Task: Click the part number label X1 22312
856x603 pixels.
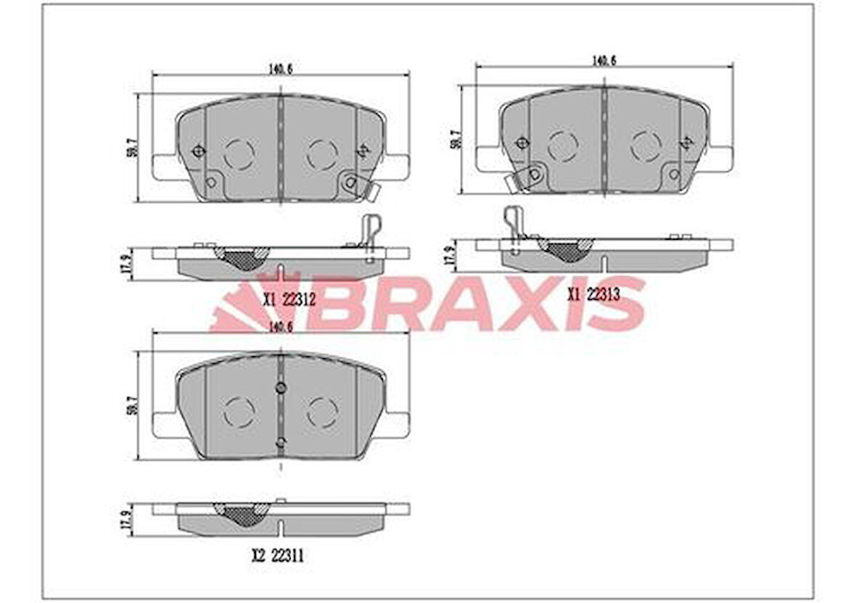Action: coord(288,299)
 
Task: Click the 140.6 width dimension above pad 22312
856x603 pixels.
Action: coord(280,69)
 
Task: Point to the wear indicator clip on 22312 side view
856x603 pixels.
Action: coord(369,236)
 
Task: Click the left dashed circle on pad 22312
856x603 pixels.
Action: coord(239,153)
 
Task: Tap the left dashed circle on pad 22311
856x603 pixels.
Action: coord(239,412)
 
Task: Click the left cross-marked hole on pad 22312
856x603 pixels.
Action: coord(198,150)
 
